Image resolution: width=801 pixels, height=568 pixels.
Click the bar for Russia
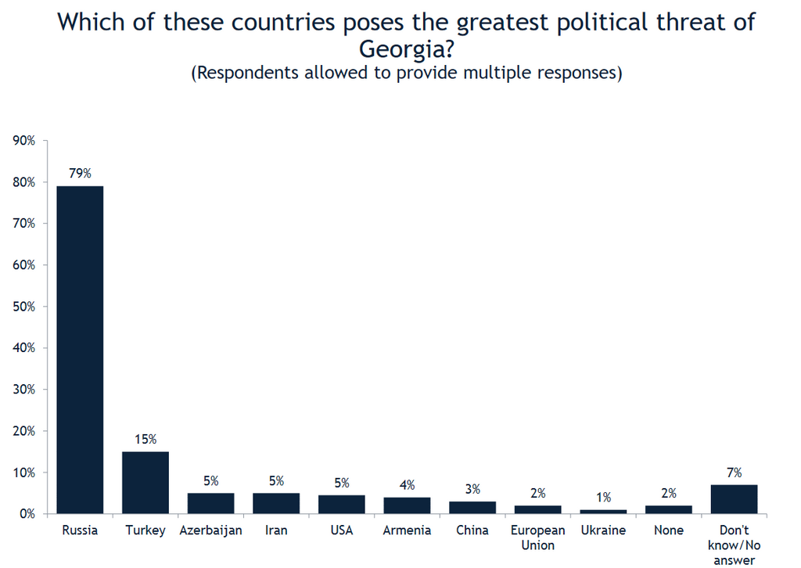click(80, 349)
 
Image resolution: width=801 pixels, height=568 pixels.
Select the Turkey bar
click(145, 482)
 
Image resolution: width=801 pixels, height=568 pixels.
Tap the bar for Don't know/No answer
click(734, 499)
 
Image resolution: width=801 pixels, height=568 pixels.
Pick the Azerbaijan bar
click(210, 503)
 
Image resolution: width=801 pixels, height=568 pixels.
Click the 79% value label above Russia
click(80, 173)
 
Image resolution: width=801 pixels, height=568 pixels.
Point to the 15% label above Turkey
click(145, 439)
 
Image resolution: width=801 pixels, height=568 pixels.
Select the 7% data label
click(734, 472)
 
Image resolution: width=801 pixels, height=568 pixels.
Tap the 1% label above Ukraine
click(603, 497)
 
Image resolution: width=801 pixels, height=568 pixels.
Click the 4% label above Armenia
click(407, 484)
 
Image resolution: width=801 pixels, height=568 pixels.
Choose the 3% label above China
click(472, 488)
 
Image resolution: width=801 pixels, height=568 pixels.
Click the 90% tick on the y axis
click(24, 141)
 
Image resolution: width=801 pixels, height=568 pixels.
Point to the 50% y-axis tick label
click(24, 307)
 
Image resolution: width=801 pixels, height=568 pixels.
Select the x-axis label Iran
click(276, 530)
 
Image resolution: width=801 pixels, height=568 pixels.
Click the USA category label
click(341, 530)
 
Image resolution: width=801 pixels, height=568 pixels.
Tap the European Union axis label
click(537, 537)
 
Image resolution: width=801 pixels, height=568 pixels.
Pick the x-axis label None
click(668, 530)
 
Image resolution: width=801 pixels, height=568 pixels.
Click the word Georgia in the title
click(400, 49)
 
